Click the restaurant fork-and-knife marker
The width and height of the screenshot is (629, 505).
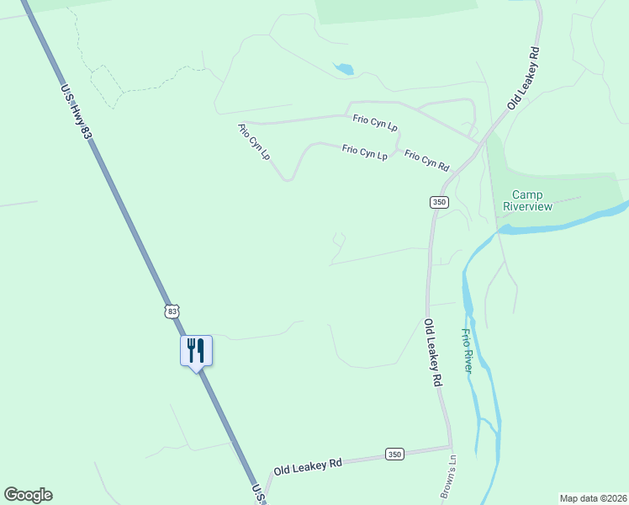tap(196, 350)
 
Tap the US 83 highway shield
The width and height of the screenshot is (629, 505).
tap(172, 311)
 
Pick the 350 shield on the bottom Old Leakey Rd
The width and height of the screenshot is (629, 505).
tap(394, 454)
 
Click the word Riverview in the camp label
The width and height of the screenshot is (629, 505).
tap(527, 206)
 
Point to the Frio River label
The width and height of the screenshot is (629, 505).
tap(467, 351)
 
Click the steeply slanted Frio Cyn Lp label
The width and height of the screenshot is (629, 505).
tap(254, 141)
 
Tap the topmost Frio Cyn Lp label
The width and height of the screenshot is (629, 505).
tap(375, 123)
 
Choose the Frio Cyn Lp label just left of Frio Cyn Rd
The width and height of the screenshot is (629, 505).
tap(364, 152)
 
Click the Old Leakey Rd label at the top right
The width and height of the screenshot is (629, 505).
tap(523, 77)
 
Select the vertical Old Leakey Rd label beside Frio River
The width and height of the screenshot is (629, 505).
tap(432, 352)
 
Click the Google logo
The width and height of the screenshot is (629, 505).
tap(28, 495)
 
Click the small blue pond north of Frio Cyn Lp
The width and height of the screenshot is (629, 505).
tap(344, 68)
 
